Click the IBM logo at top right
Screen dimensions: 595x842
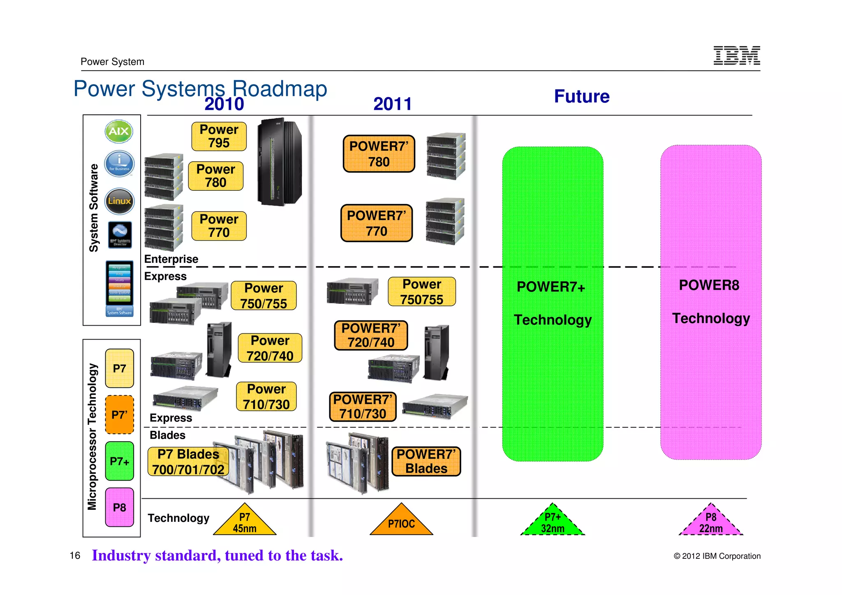click(x=736, y=56)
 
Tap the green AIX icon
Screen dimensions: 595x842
click(x=119, y=131)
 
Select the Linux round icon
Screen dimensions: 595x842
click(x=119, y=201)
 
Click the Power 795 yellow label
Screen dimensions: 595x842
click(x=219, y=136)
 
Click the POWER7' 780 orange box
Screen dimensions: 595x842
click(x=379, y=154)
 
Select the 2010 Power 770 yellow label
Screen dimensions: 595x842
click(x=219, y=226)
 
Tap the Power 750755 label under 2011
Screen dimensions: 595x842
click(x=421, y=292)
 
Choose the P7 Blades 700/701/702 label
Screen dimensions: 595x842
click(x=188, y=461)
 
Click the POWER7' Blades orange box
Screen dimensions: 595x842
click(x=426, y=461)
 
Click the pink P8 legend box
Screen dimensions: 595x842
click(x=119, y=507)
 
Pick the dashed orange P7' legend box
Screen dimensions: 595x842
click(x=119, y=414)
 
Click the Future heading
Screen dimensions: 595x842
click(x=581, y=96)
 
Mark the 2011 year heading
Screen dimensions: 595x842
click(x=392, y=104)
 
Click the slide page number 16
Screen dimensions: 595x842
click(x=75, y=556)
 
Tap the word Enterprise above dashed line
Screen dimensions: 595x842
click(x=171, y=259)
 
